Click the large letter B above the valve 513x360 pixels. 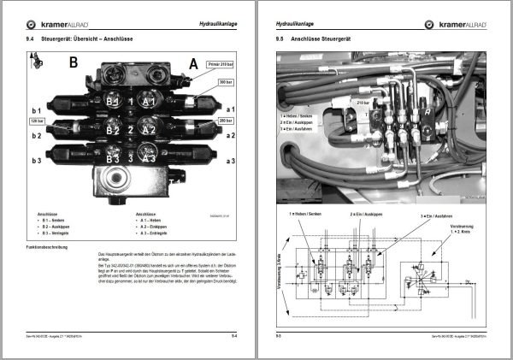(73, 62)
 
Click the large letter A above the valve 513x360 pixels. (194, 63)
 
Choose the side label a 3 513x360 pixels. (230, 161)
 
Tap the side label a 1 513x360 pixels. (230, 110)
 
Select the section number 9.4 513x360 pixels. (30, 38)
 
